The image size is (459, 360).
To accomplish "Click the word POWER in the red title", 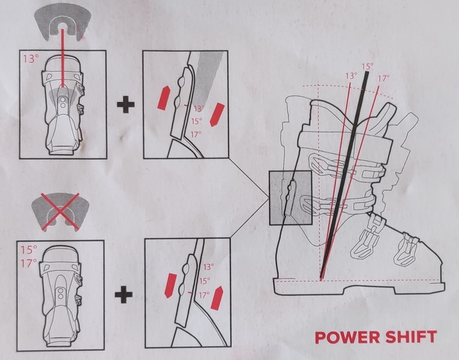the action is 347,337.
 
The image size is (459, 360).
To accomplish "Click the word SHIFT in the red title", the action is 411,337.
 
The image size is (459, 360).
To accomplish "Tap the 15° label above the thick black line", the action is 367,66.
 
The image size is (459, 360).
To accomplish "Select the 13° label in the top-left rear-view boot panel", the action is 31,59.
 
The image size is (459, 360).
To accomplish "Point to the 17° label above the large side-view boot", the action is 383,79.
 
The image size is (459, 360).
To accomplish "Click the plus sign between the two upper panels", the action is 126,104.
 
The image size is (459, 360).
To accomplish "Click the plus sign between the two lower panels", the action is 123,295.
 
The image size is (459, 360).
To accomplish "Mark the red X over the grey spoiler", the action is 60,211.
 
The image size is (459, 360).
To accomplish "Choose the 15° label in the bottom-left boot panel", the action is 29,250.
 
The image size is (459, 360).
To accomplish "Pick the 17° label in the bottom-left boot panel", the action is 29,263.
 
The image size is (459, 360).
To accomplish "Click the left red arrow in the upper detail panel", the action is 164,98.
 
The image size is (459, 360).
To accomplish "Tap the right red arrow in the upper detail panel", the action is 217,114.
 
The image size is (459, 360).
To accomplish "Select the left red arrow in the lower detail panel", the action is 171,285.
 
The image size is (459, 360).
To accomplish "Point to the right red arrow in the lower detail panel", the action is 217,298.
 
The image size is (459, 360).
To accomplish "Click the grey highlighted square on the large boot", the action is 290,198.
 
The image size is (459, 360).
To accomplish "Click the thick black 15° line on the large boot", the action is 344,175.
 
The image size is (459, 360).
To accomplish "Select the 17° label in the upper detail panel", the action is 196,135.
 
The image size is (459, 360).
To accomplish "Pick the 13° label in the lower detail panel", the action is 208,267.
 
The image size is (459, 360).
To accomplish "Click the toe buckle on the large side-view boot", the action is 406,249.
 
